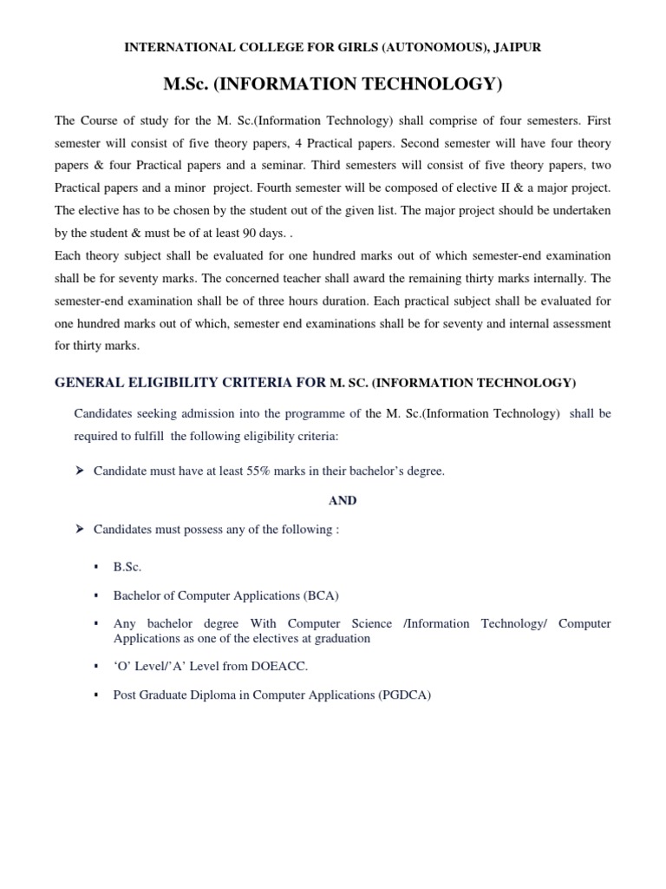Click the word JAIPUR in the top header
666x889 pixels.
(x=518, y=48)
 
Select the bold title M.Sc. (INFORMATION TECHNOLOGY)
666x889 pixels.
(x=333, y=84)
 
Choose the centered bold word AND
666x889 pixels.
(x=343, y=501)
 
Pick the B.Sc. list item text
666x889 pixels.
(x=127, y=566)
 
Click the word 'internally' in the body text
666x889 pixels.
(x=557, y=278)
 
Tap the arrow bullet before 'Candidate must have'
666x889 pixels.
(x=80, y=471)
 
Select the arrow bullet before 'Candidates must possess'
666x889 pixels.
(x=80, y=530)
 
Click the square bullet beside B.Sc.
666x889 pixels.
(x=97, y=567)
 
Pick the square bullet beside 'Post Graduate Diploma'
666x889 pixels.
(x=97, y=695)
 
